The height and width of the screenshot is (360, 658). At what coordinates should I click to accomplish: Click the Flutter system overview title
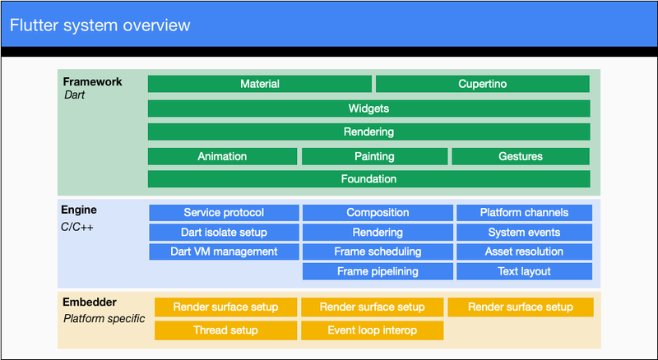(x=100, y=25)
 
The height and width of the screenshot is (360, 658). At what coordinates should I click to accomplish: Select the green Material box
(x=260, y=84)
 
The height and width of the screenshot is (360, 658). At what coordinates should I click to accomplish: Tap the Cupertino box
(x=482, y=84)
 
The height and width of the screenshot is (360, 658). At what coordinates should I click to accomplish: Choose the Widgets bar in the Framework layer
(x=368, y=108)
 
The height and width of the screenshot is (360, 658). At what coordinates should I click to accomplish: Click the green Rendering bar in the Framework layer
(x=368, y=132)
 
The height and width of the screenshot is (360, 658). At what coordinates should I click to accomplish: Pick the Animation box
(x=222, y=156)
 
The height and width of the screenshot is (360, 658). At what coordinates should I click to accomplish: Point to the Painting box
(x=374, y=156)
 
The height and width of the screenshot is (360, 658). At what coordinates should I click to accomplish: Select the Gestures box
(x=521, y=156)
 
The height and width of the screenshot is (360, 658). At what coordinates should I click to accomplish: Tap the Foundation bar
(x=368, y=179)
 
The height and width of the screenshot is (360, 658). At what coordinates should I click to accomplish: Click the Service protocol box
(x=224, y=213)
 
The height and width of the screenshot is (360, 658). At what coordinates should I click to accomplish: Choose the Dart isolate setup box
(x=224, y=233)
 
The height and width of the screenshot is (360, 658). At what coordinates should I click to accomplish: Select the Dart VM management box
(x=224, y=252)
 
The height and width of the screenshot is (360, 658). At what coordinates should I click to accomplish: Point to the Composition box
(x=378, y=213)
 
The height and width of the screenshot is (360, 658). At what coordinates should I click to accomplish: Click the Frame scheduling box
(x=378, y=252)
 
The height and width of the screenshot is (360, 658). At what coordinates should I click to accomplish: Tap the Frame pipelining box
(x=378, y=271)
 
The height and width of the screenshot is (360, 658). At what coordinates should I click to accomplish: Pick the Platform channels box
(x=524, y=213)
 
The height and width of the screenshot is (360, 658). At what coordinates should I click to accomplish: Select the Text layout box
(x=524, y=271)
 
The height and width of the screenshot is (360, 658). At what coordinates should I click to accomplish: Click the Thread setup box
(x=225, y=330)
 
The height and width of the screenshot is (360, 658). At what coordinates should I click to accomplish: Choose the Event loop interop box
(x=372, y=330)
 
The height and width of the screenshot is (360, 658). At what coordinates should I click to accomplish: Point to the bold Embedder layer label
(x=90, y=302)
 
